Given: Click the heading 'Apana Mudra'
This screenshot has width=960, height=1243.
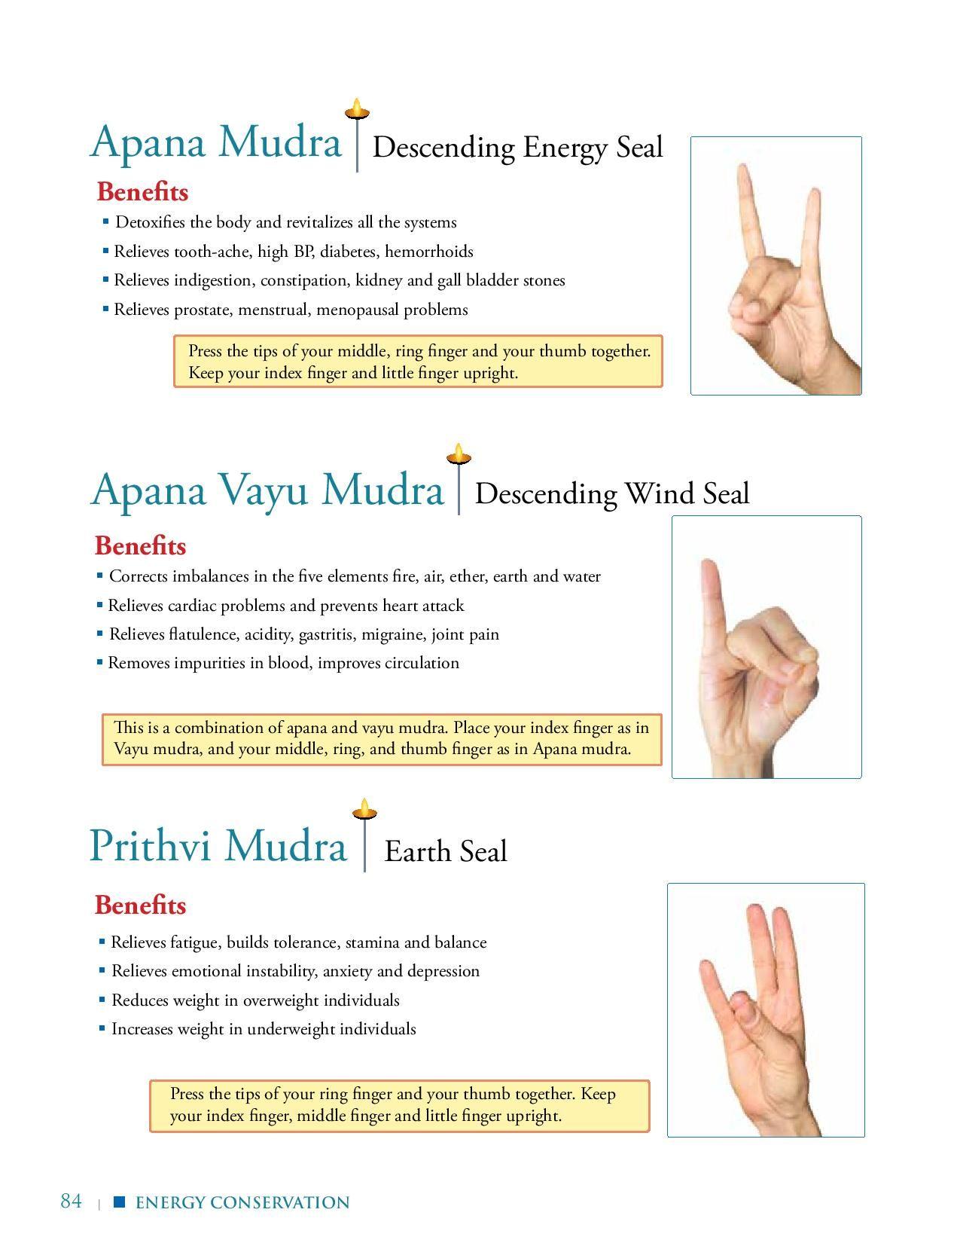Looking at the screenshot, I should [x=216, y=142].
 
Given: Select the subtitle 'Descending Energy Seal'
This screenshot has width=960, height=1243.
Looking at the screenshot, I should [x=517, y=147].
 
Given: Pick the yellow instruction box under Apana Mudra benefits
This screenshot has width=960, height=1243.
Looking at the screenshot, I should [x=418, y=362].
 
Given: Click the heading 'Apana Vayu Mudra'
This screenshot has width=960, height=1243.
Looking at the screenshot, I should [x=267, y=490].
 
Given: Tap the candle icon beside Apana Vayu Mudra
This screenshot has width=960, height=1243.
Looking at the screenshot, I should [x=459, y=455].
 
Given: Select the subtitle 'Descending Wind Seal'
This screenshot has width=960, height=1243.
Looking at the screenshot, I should [x=612, y=494].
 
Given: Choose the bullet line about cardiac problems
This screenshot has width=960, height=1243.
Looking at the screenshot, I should [x=286, y=606].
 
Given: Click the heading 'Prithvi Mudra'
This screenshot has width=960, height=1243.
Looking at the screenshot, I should [x=218, y=845].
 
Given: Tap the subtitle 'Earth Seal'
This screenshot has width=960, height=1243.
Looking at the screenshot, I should [x=446, y=851].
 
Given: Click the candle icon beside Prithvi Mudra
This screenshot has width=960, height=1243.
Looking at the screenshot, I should [x=364, y=810].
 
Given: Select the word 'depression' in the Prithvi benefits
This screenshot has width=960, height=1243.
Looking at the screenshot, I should [x=443, y=971].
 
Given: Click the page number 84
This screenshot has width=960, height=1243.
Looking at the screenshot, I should [x=71, y=1201].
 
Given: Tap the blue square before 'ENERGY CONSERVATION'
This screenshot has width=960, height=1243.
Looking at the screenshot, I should [x=119, y=1202].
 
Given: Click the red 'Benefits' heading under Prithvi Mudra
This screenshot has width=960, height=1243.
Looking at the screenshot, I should [x=140, y=905].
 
